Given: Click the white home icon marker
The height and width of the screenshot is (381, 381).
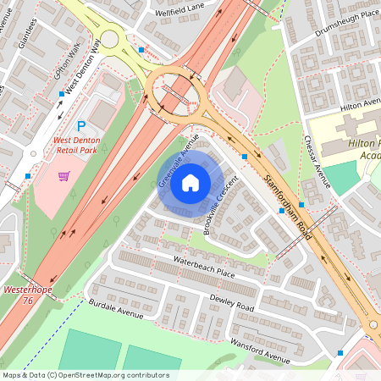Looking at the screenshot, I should [x=190, y=182].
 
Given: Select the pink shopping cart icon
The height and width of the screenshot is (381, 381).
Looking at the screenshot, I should [x=63, y=176].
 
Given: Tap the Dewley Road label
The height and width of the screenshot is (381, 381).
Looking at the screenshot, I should [x=232, y=302].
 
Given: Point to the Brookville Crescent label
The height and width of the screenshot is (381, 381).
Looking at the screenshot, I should [x=223, y=207].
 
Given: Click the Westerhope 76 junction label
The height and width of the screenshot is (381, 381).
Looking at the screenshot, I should [x=19, y=294].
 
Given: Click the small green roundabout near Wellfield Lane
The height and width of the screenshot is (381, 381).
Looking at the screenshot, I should [x=109, y=39].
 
